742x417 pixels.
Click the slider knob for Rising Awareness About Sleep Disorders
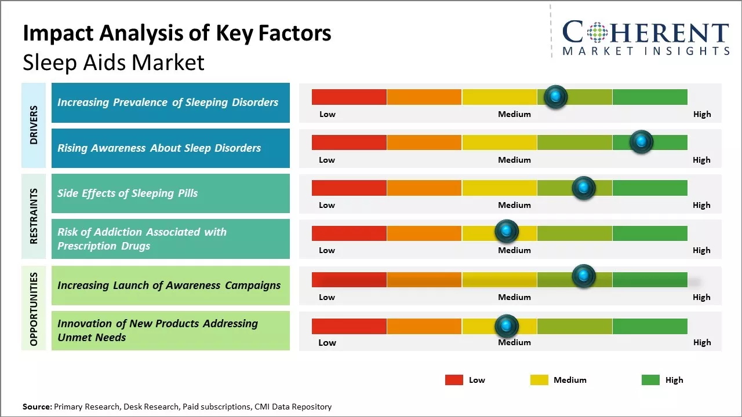[641, 142]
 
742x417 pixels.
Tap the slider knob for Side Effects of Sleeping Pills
[583, 188]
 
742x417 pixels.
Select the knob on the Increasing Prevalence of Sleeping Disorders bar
[555, 97]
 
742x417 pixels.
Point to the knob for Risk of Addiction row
[507, 232]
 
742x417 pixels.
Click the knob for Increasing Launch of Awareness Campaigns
[583, 277]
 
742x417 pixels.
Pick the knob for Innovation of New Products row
[507, 326]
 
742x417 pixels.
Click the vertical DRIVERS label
[34, 125]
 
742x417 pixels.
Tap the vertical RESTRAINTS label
[34, 216]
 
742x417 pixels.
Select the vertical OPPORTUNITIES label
[34, 309]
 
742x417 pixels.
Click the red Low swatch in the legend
[454, 380]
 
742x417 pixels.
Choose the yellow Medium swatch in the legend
[539, 380]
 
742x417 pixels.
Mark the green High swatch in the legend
[650, 380]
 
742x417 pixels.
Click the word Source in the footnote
[37, 407]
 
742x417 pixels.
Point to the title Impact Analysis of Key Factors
[177, 34]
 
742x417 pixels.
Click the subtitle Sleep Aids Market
[114, 63]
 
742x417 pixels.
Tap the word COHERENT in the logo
[646, 32]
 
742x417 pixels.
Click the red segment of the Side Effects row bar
[349, 188]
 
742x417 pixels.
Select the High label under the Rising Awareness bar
[701, 160]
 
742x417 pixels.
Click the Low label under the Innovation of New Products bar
[327, 342]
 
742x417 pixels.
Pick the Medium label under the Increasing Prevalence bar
[514, 114]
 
